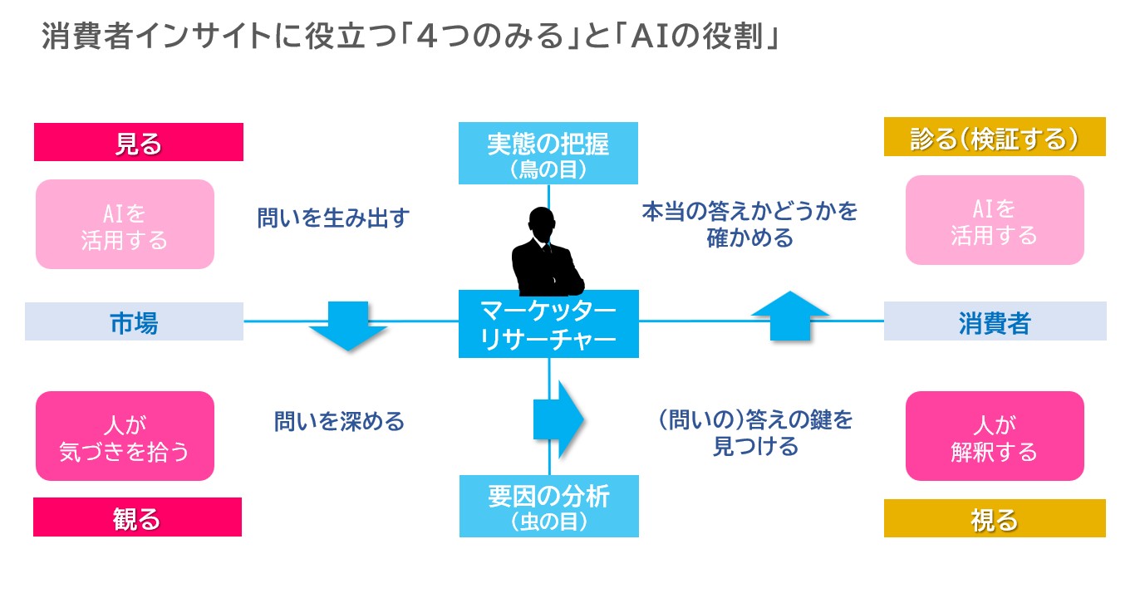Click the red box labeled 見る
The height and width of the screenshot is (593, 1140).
(138, 142)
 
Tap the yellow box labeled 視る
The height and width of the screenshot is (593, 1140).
(995, 518)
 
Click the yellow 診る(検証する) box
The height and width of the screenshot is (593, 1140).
(995, 137)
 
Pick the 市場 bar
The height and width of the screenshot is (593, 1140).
(134, 321)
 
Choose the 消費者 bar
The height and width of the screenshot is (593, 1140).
(995, 321)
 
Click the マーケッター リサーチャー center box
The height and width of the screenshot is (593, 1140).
(548, 325)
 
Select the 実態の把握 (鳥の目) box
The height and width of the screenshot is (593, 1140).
(548, 154)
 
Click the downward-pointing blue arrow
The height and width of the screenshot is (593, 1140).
(348, 326)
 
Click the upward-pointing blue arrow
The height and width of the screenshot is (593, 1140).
(790, 316)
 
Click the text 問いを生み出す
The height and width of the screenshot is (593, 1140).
(333, 218)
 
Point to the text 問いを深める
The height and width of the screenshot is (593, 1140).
(339, 421)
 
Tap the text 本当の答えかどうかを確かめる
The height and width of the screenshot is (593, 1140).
(749, 224)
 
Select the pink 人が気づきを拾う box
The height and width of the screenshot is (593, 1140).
(125, 436)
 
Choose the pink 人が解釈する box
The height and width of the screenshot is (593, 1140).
(995, 436)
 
